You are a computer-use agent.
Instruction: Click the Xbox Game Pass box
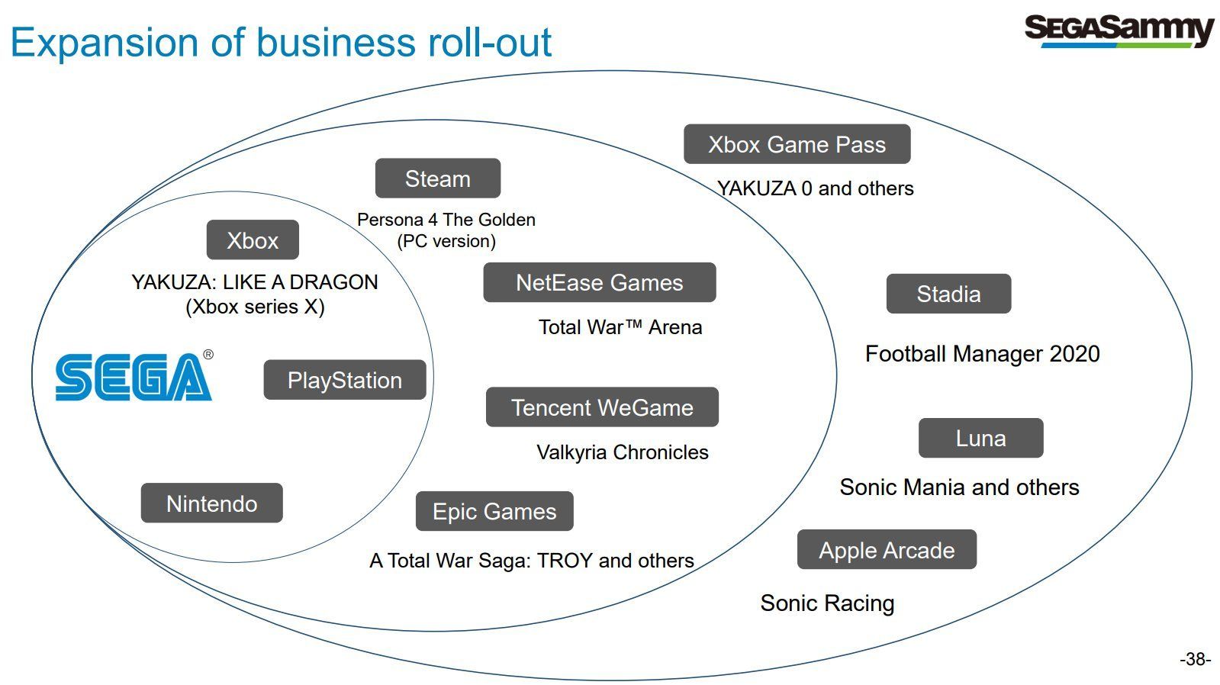pyautogui.click(x=797, y=144)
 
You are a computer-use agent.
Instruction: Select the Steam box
pyautogui.click(x=438, y=178)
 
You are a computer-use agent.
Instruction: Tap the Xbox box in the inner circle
pyautogui.click(x=253, y=240)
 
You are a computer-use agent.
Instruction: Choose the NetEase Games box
pyautogui.click(x=600, y=282)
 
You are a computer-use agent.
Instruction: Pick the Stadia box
pyautogui.click(x=949, y=294)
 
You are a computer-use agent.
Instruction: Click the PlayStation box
pyautogui.click(x=345, y=380)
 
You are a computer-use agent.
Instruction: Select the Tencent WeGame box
pyautogui.click(x=603, y=407)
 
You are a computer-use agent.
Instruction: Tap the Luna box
pyautogui.click(x=981, y=438)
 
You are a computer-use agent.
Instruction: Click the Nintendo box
pyautogui.click(x=212, y=503)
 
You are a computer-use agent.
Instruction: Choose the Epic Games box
pyautogui.click(x=494, y=511)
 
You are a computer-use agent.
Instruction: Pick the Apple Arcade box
pyautogui.click(x=887, y=549)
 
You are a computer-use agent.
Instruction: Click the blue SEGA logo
pyautogui.click(x=134, y=376)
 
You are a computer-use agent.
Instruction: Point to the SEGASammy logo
pyautogui.click(x=1119, y=31)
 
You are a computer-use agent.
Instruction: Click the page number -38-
pyautogui.click(x=1196, y=659)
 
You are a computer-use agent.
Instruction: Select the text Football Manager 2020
pyautogui.click(x=983, y=354)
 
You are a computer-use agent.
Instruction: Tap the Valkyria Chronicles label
pyautogui.click(x=623, y=452)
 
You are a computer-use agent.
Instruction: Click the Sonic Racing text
pyautogui.click(x=827, y=603)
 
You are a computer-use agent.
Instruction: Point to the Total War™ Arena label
pyautogui.click(x=620, y=327)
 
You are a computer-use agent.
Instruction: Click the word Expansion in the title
pyautogui.click(x=105, y=43)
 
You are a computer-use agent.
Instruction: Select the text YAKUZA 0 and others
pyautogui.click(x=816, y=188)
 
